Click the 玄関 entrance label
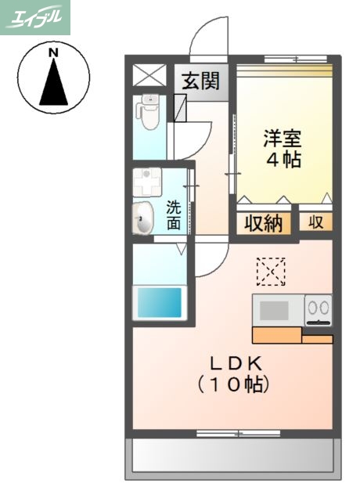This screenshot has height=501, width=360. (201, 81)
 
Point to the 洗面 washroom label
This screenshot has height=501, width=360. (174, 215)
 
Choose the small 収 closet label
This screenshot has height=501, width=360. (315, 222)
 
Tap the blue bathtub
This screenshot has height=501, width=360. (160, 301)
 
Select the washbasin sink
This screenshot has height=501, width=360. (142, 218)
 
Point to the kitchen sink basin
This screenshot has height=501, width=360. (274, 310)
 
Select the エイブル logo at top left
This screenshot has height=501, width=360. (35, 17)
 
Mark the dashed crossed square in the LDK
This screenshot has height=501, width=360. (271, 272)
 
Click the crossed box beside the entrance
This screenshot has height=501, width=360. (149, 76)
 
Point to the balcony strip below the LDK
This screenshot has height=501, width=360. (232, 453)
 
